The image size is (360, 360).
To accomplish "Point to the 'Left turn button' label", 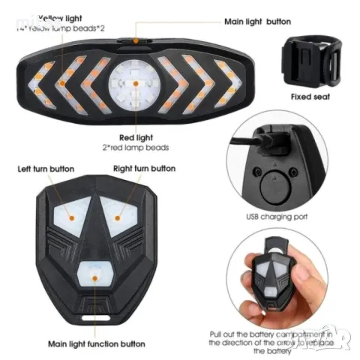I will pos(48,169).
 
